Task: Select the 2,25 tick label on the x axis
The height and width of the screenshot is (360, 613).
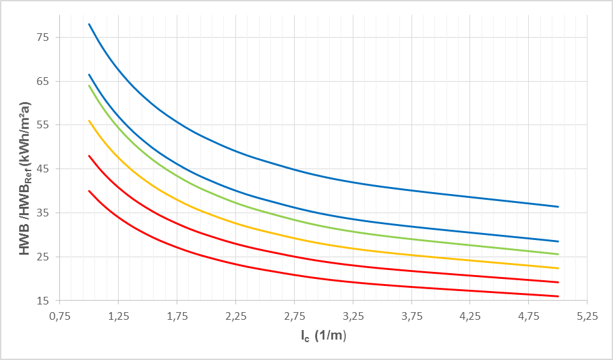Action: [235, 315]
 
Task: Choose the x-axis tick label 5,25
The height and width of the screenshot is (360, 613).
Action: [587, 315]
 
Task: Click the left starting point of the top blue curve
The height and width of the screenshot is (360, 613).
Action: [89, 24]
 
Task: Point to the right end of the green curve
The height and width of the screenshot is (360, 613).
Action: [558, 254]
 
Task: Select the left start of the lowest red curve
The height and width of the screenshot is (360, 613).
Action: [89, 190]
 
